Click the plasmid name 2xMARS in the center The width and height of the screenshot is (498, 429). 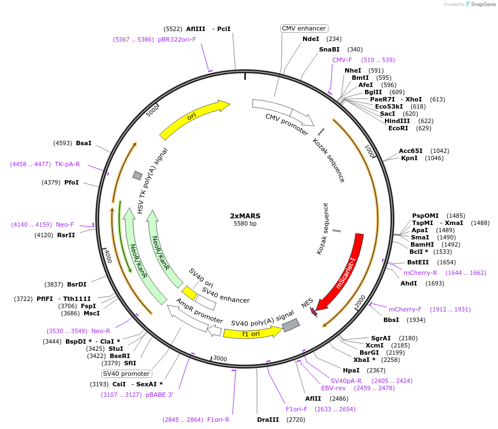(x=245, y=216)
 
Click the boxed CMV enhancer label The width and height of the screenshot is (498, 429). (x=304, y=28)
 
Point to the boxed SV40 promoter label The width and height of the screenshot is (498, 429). (x=127, y=374)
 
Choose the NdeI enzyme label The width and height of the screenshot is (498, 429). (x=311, y=39)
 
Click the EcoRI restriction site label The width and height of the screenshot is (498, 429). (x=398, y=128)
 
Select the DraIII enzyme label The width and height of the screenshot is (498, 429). (x=268, y=420)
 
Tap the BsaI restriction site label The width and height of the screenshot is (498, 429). (x=84, y=143)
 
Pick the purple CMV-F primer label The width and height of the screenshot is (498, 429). (x=342, y=60)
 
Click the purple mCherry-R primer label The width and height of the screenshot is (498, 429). (x=420, y=273)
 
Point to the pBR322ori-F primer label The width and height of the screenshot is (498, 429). (x=177, y=40)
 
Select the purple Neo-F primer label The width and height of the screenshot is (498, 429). (x=65, y=224)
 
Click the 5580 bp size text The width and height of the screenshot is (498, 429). (x=245, y=224)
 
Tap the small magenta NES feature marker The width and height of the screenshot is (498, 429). (x=314, y=313)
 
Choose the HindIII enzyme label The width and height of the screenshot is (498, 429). (x=398, y=121)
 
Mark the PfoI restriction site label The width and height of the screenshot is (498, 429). (x=71, y=182)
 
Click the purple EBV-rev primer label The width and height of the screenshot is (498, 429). (x=333, y=388)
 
